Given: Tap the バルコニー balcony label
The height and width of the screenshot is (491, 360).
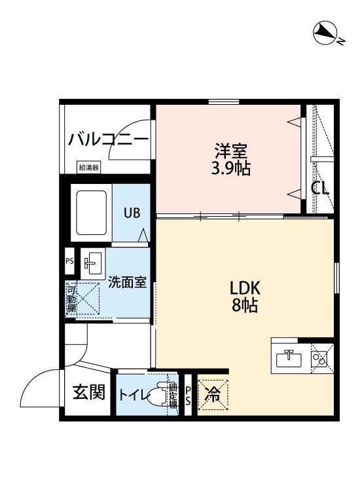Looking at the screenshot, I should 108,139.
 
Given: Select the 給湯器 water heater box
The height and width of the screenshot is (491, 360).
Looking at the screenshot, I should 88,168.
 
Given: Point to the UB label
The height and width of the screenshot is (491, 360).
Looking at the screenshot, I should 132,212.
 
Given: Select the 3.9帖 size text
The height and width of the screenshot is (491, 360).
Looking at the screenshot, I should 230,168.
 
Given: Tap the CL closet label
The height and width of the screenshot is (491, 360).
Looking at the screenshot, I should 320,189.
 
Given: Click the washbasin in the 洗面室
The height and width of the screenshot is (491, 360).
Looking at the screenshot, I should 92,263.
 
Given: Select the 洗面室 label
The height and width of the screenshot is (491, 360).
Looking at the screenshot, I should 127,283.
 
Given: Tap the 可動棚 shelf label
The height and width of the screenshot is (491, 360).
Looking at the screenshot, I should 71,299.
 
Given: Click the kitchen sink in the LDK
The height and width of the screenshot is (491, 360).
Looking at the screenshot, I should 289,358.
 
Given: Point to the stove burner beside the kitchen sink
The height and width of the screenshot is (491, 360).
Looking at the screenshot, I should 320,358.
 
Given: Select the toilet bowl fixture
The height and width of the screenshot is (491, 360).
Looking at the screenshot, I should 157,396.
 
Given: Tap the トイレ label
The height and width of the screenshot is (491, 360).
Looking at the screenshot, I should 133,395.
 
